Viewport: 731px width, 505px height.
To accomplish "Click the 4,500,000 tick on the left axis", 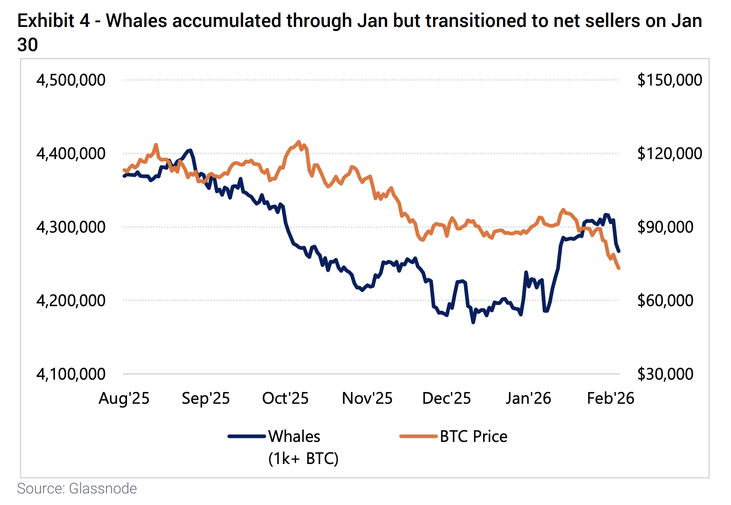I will click(x=71, y=80).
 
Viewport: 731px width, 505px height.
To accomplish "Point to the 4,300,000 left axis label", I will click(x=71, y=227).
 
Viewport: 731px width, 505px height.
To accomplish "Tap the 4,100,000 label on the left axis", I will click(x=71, y=374).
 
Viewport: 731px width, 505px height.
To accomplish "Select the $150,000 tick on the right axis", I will click(x=670, y=80).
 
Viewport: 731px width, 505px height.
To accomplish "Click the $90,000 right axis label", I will click(x=665, y=227).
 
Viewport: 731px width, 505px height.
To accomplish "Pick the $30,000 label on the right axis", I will click(x=665, y=374).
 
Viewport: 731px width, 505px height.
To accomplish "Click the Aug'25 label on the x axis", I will click(x=124, y=398).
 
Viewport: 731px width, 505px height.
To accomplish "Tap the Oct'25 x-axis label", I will click(x=285, y=398).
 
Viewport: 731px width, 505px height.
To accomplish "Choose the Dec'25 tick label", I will click(x=446, y=398).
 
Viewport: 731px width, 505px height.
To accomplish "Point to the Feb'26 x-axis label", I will click(x=610, y=398).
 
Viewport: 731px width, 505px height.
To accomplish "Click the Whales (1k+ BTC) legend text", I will click(x=303, y=447).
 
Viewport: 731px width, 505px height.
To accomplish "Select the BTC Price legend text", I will click(x=473, y=436).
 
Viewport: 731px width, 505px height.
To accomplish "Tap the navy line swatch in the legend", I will click(x=247, y=436).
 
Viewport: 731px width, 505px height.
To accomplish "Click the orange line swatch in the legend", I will click(x=418, y=436).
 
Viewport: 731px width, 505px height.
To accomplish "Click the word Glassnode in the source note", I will click(x=103, y=489).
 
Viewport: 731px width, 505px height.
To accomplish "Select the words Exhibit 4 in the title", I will click(x=53, y=21).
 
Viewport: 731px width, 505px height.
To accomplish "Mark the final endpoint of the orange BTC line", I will click(x=619, y=268).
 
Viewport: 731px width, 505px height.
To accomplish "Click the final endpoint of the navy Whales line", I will click(x=619, y=251).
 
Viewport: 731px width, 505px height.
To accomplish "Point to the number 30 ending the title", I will click(x=27, y=45).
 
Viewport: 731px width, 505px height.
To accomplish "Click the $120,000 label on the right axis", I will click(x=670, y=153).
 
